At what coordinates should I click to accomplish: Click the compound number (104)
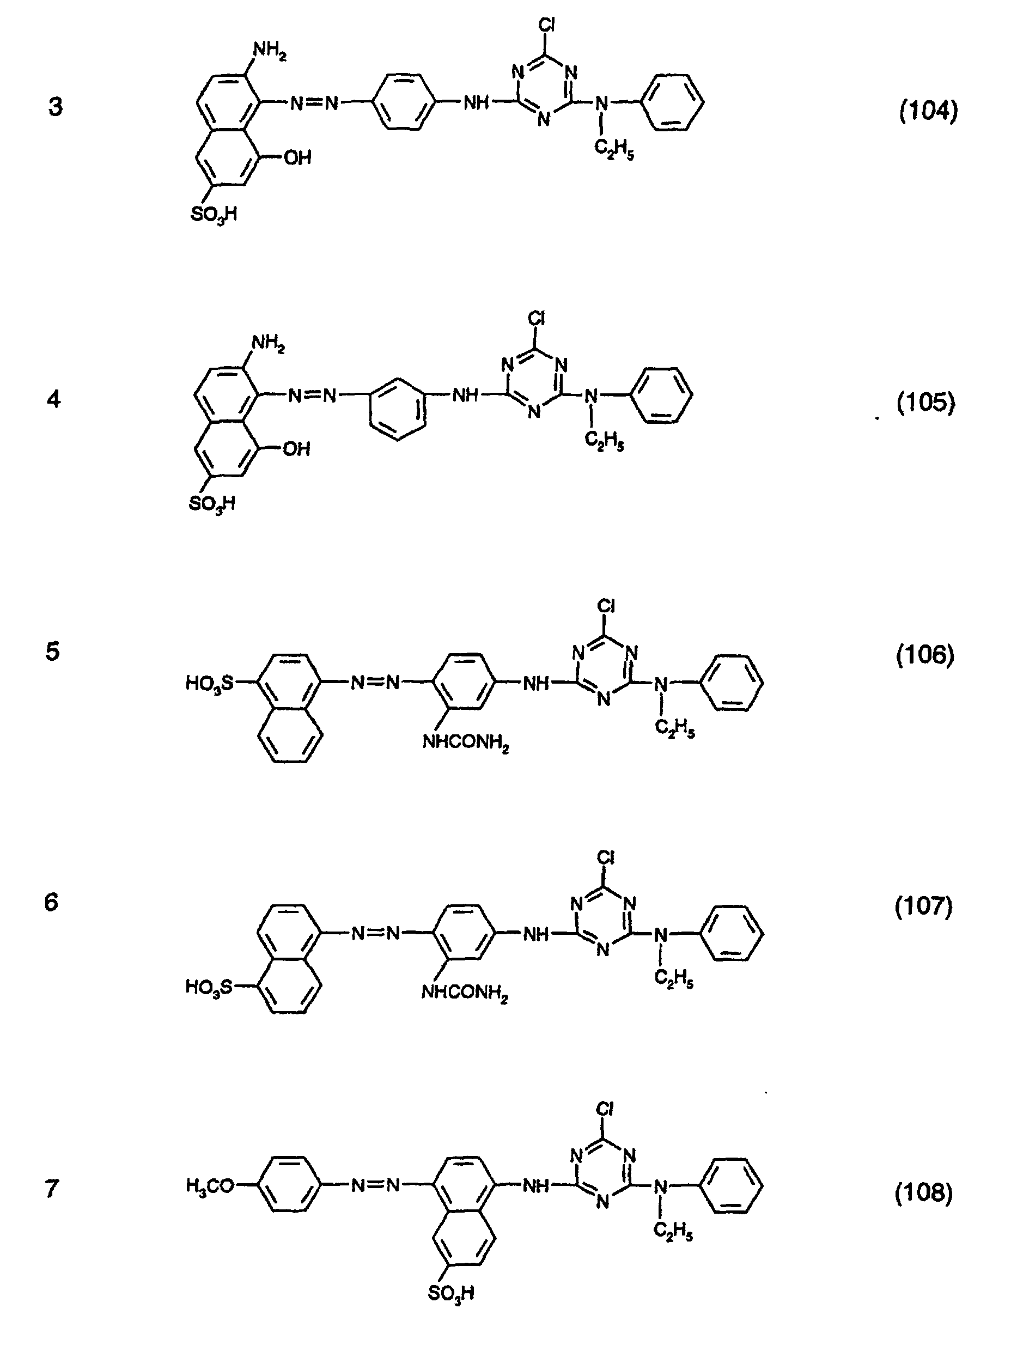pos(928,111)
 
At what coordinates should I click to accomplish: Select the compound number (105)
pos(926,403)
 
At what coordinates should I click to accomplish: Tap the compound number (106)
pos(925,655)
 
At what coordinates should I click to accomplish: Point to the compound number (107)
pos(923,906)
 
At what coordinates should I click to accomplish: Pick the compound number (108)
pos(923,1194)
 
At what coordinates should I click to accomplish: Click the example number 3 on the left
pos(56,107)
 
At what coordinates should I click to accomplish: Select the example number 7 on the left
pos(52,1188)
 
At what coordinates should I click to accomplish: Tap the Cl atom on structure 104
pos(546,25)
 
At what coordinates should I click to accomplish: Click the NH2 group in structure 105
pos(268,344)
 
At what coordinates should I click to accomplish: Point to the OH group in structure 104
pos(297,158)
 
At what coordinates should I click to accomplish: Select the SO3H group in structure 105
pos(211,504)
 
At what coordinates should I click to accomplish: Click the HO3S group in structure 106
pos(209,684)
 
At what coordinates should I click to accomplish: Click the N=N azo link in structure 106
pos(375,683)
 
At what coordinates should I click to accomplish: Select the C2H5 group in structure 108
pos(673,1232)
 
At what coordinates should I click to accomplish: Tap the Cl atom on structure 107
pos(606,858)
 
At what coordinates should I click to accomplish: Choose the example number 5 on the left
pos(53,651)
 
